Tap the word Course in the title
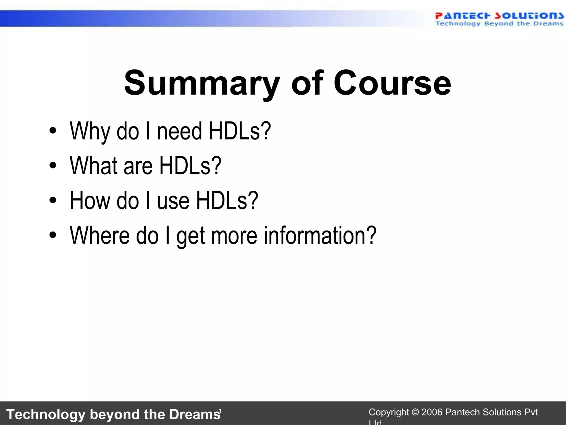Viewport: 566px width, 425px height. [x=392, y=83]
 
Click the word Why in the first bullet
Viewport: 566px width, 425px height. [x=90, y=131]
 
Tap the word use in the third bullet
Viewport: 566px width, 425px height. [x=173, y=201]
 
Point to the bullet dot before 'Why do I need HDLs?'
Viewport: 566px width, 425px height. [x=53, y=131]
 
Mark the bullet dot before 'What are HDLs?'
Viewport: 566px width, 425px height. [x=53, y=165]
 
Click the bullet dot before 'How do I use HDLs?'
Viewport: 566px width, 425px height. [x=53, y=200]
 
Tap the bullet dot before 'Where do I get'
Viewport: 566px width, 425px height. [x=53, y=235]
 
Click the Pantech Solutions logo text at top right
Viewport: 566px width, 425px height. [x=499, y=16]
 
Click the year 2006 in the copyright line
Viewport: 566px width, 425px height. [x=432, y=412]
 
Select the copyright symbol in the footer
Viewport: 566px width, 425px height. [x=415, y=412]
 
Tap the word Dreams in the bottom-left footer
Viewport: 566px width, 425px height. [x=195, y=414]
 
